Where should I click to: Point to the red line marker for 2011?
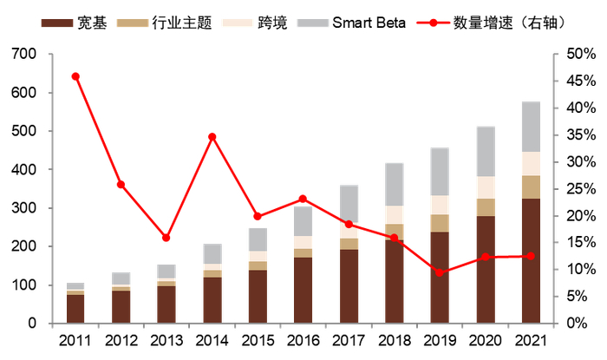pyautogui.click(x=75, y=76)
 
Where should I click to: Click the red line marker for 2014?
pyautogui.click(x=212, y=136)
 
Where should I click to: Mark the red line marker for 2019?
pyautogui.click(x=440, y=272)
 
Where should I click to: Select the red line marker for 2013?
pyautogui.click(x=166, y=238)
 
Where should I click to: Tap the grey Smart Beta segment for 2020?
pyautogui.click(x=486, y=152)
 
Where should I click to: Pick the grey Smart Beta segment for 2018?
pyautogui.click(x=395, y=184)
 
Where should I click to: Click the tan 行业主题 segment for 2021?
pyautogui.click(x=531, y=187)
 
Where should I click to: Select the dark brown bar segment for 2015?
pyautogui.click(x=258, y=296)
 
